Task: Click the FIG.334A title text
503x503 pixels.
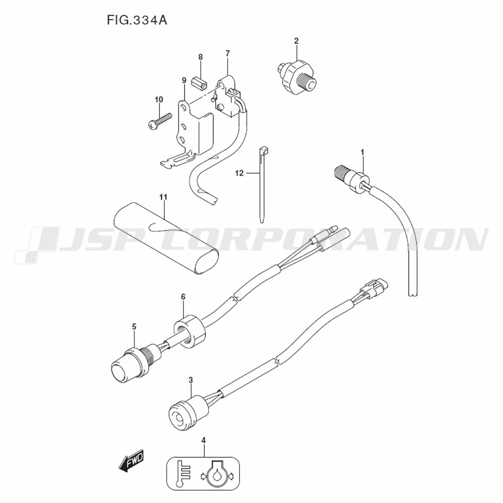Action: point(137,21)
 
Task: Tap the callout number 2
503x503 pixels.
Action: point(296,41)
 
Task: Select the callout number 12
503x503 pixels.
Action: point(239,173)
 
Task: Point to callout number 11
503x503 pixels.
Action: point(163,197)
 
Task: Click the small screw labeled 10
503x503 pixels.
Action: point(159,122)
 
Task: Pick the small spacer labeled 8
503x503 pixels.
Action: point(199,83)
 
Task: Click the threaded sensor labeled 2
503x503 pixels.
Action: point(296,76)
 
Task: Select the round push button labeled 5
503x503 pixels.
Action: point(128,365)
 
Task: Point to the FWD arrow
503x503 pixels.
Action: point(131,460)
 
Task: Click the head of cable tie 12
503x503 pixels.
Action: point(264,150)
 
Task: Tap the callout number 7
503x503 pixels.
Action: point(227,54)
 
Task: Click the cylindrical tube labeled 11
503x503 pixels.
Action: point(167,238)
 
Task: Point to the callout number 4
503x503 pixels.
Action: point(203,441)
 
